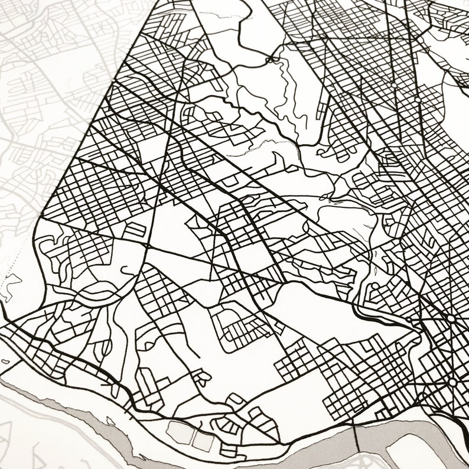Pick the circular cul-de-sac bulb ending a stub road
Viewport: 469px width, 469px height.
[200, 374]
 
